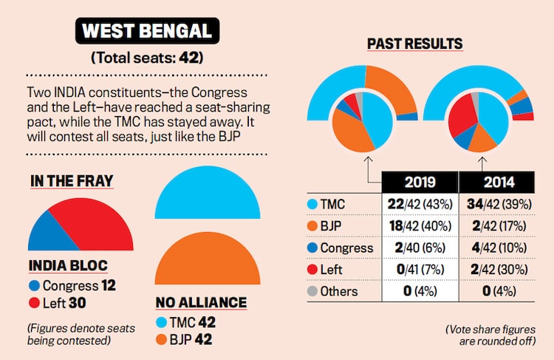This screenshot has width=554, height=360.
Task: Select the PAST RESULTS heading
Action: [414, 44]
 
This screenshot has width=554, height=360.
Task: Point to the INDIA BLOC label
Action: [69, 265]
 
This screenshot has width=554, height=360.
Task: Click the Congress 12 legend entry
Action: [72, 284]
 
